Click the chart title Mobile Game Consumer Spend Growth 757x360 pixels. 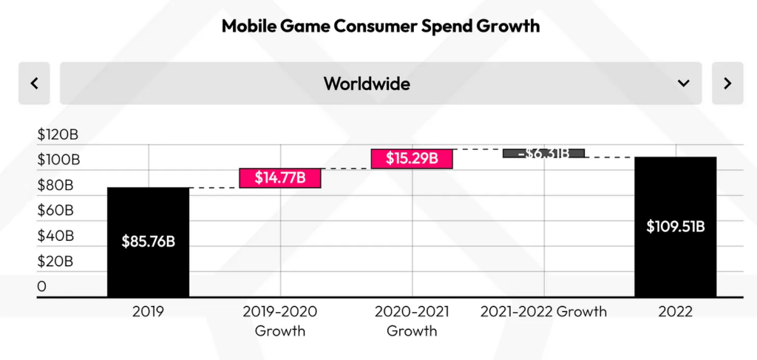tap(381, 27)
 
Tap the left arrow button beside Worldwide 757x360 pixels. tap(34, 83)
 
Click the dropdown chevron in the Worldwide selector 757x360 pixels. tap(683, 83)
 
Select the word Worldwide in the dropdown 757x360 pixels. tap(367, 83)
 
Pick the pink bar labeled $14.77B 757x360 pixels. tap(280, 177)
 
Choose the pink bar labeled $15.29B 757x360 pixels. tap(412, 158)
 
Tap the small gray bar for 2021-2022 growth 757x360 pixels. tap(543, 153)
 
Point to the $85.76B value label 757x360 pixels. tap(148, 242)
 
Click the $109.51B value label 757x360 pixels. tap(675, 226)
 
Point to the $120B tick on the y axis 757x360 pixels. tap(58, 135)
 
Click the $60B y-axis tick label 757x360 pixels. tap(55, 211)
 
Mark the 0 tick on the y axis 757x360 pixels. tap(41, 286)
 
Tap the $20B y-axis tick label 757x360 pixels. tap(55, 261)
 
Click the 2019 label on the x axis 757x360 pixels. tap(148, 311)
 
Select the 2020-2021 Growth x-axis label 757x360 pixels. tap(412, 320)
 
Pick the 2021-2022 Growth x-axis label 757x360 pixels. tap(543, 311)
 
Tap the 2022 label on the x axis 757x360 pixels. tap(675, 311)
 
